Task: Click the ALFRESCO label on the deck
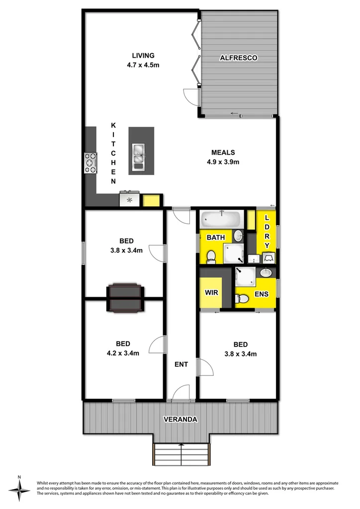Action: [239, 58]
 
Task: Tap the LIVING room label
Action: [143, 56]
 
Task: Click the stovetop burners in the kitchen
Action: [90, 163]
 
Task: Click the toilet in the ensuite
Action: [242, 299]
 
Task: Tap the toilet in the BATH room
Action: [210, 256]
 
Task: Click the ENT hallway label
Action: [181, 364]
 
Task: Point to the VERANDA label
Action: [181, 420]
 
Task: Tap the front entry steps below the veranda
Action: [181, 454]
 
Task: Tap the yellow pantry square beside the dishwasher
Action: [151, 200]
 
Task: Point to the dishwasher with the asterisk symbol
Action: [130, 200]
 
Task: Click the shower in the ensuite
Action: [246, 276]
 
